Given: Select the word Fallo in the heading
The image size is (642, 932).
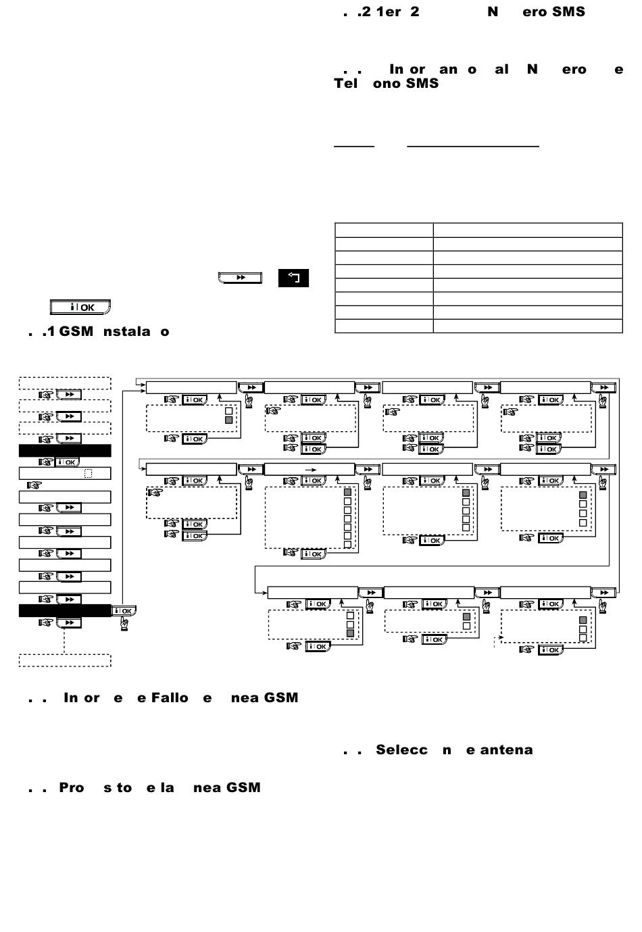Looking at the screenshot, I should pos(170,697).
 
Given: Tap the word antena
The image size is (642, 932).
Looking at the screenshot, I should pos(506,750).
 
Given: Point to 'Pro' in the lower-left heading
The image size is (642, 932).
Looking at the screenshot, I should pos(72,787).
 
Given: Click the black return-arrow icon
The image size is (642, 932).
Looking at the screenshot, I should pos(293,278).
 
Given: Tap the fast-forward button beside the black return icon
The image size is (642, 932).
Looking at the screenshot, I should pos(240,278).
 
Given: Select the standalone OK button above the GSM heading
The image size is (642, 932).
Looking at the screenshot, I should pos(80,308).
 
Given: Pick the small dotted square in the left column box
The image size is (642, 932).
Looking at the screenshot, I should pos(88,474).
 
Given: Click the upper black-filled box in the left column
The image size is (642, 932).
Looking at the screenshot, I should pos(65,451).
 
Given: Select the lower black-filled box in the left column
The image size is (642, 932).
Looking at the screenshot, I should pos(65,610).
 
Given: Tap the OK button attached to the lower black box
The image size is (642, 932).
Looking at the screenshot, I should pos(124,611).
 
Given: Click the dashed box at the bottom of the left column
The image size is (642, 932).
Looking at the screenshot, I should pos(65,660).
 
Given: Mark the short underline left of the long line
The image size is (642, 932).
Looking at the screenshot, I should pos(354,145).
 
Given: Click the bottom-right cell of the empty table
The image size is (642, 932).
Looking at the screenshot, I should pos(527,326).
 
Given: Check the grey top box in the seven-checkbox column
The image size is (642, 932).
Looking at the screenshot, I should pos(348,493).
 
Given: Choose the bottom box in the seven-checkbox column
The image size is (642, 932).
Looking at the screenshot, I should pos(348,545).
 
